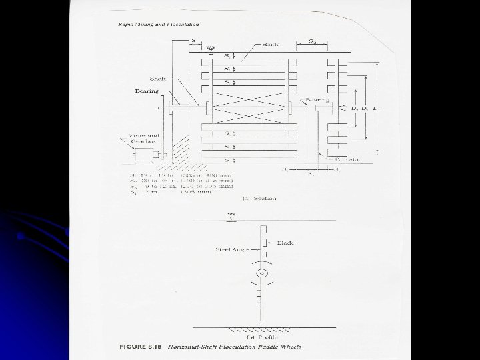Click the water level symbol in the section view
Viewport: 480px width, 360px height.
[x=210, y=48]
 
